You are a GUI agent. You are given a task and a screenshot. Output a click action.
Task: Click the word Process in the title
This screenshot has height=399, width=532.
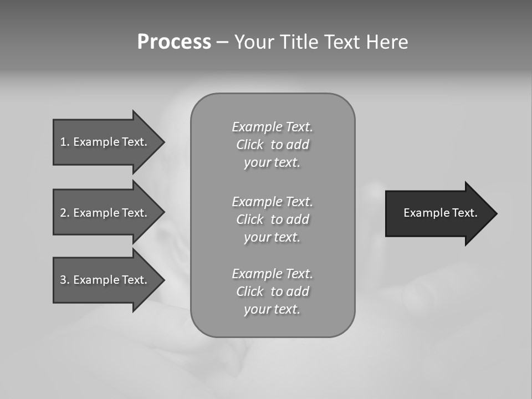click(x=174, y=42)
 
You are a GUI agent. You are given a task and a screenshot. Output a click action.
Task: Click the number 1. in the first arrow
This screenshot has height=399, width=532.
click(x=65, y=142)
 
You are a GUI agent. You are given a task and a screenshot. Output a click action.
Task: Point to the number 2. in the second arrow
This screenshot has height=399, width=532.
click(x=65, y=213)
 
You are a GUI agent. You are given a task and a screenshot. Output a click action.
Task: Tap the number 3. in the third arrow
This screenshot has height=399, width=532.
click(x=65, y=280)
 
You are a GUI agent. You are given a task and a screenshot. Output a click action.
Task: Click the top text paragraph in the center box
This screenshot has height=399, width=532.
click(x=272, y=145)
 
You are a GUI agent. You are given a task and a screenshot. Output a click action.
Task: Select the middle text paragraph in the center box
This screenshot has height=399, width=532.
click(x=272, y=219)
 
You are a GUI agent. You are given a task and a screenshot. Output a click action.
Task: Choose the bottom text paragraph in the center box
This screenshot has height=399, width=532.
click(x=272, y=291)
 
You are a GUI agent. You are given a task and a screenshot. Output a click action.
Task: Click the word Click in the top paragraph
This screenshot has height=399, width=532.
click(x=249, y=145)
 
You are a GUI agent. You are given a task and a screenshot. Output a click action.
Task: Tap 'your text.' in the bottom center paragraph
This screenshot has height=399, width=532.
click(x=272, y=309)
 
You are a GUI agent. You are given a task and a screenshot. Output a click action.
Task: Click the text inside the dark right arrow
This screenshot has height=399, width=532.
click(x=440, y=213)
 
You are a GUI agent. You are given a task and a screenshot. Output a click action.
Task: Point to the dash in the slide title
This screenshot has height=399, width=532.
click(x=223, y=43)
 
